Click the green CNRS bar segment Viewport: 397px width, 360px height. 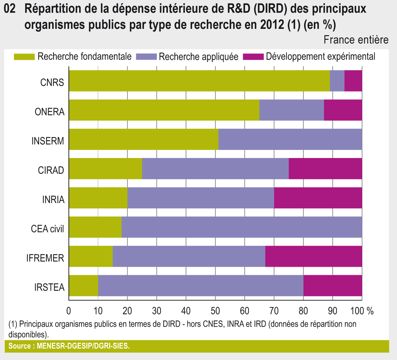(199, 81)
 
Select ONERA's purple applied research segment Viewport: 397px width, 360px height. (291, 110)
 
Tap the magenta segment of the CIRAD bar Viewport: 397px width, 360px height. (325, 169)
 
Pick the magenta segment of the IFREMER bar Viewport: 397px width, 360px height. (313, 256)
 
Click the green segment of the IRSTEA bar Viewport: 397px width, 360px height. (83, 285)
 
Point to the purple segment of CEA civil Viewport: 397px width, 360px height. (242, 227)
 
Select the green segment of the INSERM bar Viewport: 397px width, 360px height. (144, 139)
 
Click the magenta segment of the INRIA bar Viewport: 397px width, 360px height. (318, 198)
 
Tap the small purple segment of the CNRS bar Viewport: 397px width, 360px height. (337, 81)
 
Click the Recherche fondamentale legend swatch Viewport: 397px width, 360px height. (24, 57)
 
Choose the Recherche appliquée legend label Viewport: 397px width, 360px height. (198, 57)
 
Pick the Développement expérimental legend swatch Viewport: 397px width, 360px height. (253, 57)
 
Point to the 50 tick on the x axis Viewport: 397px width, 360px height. (215, 311)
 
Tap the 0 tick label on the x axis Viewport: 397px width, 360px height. (69, 311)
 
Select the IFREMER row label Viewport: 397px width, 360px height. (45, 258)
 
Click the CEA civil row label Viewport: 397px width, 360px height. (48, 229)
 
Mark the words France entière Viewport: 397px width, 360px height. (356, 40)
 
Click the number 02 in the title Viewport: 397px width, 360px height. (10, 10)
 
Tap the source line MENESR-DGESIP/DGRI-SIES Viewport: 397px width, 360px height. (69, 346)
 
